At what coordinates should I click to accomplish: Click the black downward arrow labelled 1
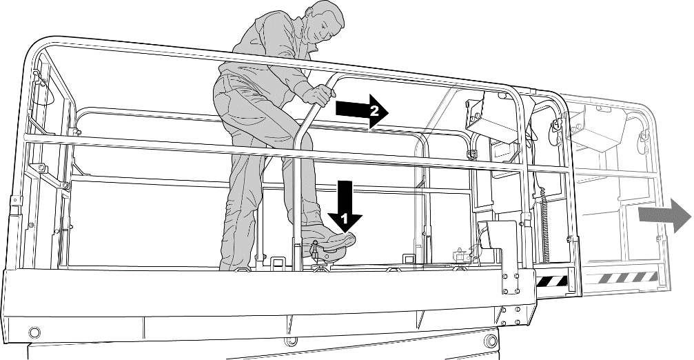(x=345, y=206)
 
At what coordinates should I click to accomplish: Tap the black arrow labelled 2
(x=362, y=111)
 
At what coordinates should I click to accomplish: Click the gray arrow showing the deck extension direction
(x=664, y=214)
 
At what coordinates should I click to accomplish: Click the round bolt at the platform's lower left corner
(x=34, y=332)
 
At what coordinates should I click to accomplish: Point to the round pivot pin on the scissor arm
(x=490, y=340)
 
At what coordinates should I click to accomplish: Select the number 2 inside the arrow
(x=374, y=111)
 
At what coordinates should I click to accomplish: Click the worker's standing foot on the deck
(x=238, y=266)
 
